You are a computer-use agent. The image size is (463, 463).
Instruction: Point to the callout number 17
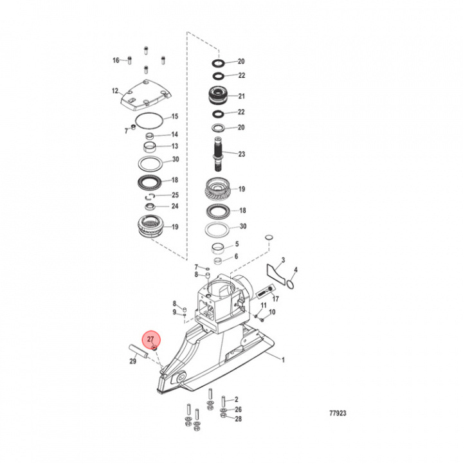[x=276, y=299]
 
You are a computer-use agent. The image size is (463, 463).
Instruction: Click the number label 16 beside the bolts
[x=116, y=60]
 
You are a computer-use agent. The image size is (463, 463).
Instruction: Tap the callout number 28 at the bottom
[x=238, y=419]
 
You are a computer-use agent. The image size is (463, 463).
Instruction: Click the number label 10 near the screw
[x=272, y=313]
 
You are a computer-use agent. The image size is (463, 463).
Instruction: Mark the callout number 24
[x=174, y=206]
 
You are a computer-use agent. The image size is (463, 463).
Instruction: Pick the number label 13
[x=174, y=146]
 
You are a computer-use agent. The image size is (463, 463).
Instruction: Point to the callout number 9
[x=174, y=312]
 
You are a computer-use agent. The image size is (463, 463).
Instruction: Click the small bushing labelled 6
[x=219, y=261]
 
